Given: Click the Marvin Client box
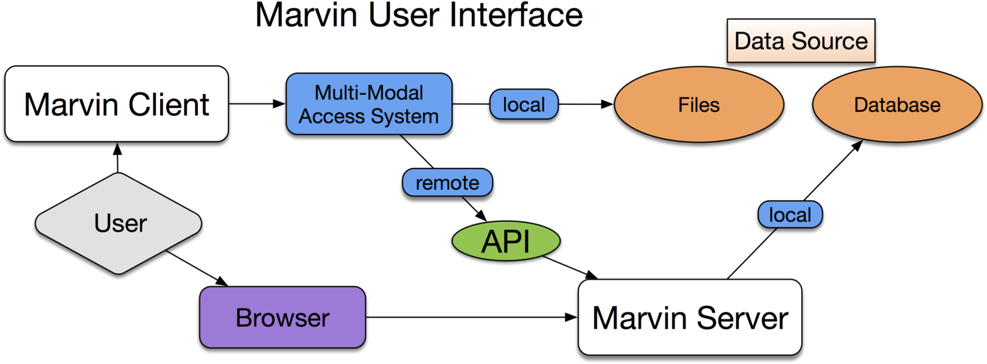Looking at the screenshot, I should point(116,104).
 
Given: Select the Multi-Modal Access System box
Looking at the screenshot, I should point(369,104).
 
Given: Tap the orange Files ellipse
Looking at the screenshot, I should point(699,105).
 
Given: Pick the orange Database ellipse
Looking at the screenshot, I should point(897,105).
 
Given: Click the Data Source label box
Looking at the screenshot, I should point(801,41).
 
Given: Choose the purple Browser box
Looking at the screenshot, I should point(282,318).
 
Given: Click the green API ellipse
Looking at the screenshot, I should point(506,241).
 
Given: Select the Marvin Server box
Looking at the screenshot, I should point(690,318).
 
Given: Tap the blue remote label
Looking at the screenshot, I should point(448,183).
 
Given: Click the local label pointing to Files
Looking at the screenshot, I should point(524,105).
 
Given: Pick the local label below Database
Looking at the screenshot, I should point(790,215).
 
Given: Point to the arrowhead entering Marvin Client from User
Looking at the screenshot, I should point(117,149).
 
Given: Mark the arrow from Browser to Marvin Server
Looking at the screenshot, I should point(468,317).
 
